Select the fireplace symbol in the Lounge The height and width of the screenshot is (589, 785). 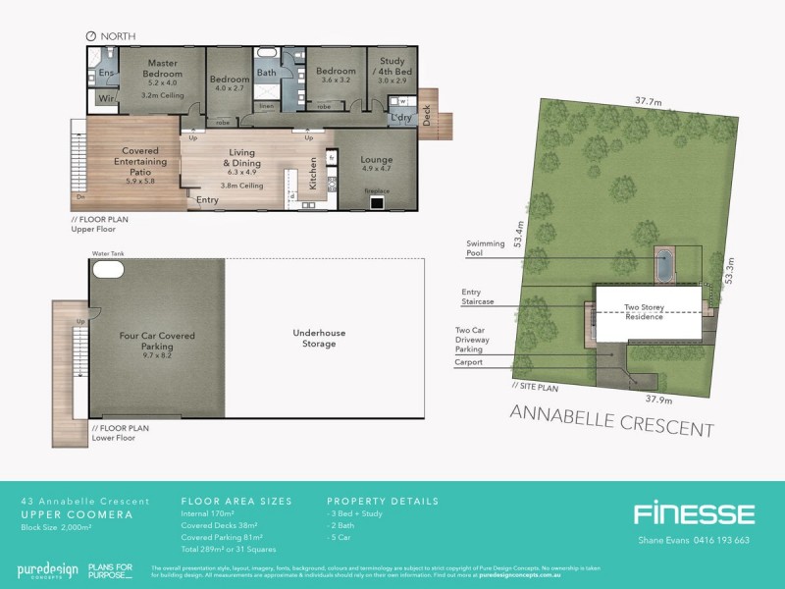coord(376,202)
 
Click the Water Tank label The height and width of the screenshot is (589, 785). coord(106,254)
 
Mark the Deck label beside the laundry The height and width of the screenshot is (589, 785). coord(428,117)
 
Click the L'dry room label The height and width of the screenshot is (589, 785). coord(400,119)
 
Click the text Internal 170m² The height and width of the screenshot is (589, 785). coord(208,513)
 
